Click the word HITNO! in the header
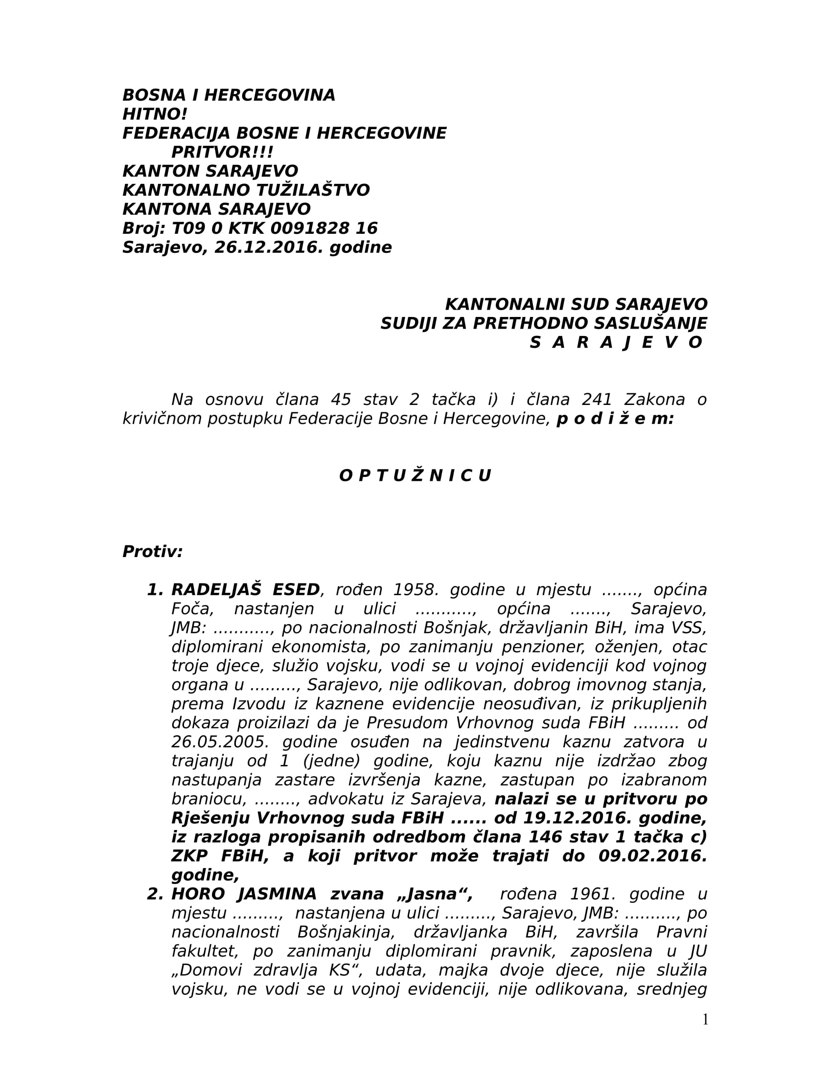(x=155, y=114)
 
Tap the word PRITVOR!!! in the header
(x=222, y=152)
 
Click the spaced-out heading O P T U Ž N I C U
(x=415, y=475)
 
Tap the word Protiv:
(x=152, y=552)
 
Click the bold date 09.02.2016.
(x=652, y=856)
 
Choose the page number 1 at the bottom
(x=705, y=1020)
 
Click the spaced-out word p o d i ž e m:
(x=615, y=419)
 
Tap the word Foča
(x=193, y=609)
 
